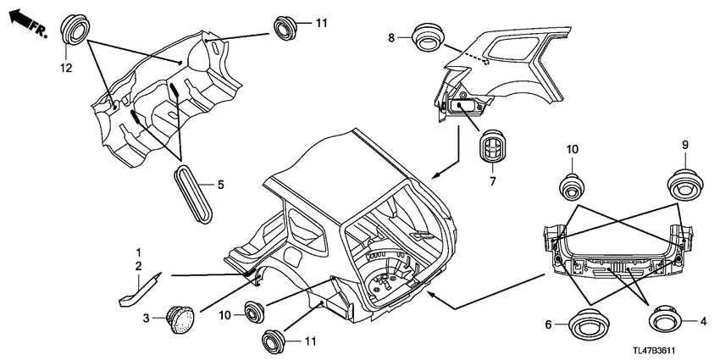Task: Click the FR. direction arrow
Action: [x=29, y=23]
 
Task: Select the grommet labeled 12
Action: [x=75, y=30]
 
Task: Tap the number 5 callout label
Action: [x=220, y=185]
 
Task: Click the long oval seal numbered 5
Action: [x=194, y=194]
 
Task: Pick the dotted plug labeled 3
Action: [x=180, y=319]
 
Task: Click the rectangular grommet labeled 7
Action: [x=492, y=146]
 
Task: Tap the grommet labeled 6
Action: [x=588, y=324]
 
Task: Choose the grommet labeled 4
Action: [x=667, y=318]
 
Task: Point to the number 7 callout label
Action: [x=493, y=181]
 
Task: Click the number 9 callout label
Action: [x=684, y=146]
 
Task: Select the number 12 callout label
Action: [x=66, y=69]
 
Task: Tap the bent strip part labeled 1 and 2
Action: [x=140, y=290]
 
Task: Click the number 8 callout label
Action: [x=391, y=37]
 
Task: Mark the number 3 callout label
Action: [x=146, y=318]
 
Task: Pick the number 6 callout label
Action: [x=548, y=324]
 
